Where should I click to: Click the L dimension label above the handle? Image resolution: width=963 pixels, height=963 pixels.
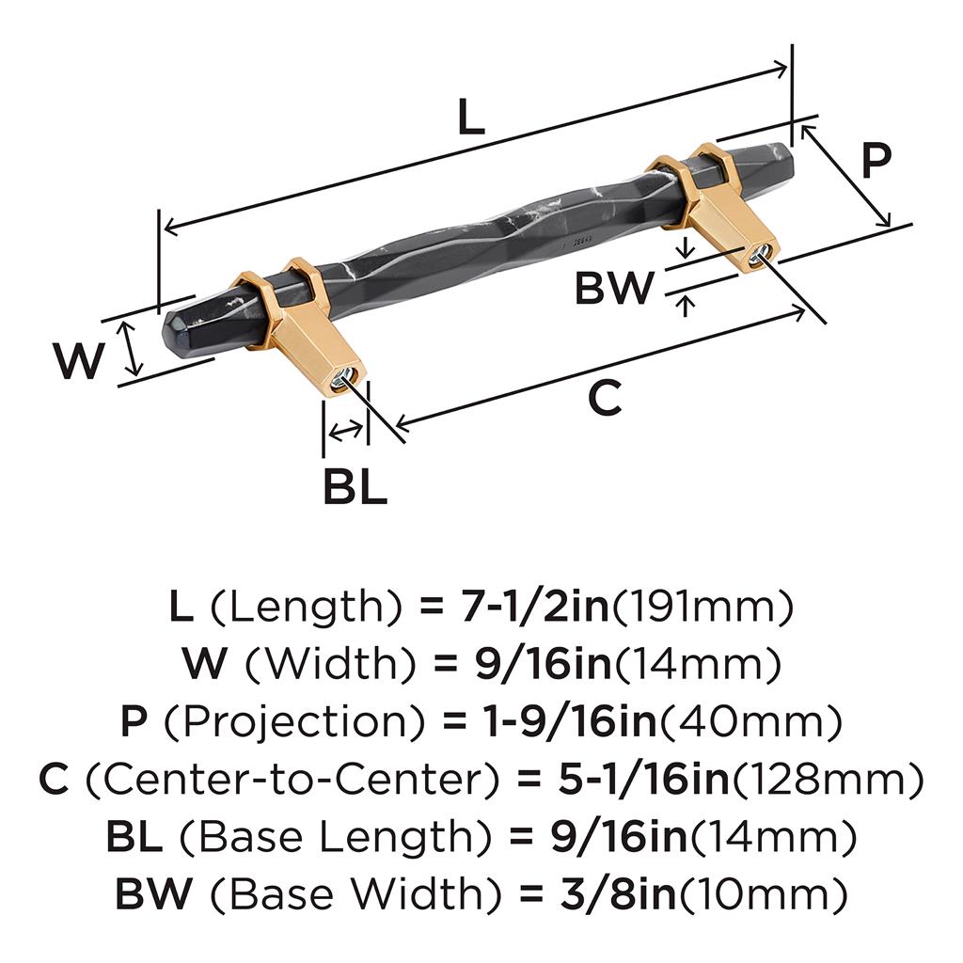tap(471, 117)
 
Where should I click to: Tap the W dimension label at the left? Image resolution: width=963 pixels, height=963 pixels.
tap(78, 360)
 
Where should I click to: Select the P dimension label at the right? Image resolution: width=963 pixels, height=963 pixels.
tap(876, 160)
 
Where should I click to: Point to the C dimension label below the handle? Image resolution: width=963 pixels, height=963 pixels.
tap(605, 398)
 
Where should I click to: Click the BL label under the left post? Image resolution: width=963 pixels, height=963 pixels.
tap(355, 486)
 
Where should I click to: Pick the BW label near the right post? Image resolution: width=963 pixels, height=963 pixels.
tap(615, 287)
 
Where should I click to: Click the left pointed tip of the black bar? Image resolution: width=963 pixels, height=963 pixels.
tap(165, 332)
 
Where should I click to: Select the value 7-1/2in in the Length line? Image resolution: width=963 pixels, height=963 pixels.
tap(533, 607)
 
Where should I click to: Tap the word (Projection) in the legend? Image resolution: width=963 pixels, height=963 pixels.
tap(293, 721)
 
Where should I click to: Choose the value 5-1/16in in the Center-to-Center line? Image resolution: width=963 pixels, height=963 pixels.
tap(643, 779)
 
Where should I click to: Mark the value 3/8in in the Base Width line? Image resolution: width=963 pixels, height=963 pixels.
tap(617, 893)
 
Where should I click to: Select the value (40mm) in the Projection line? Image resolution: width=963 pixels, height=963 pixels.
tap(750, 721)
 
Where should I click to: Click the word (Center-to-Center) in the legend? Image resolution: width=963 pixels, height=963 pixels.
tap(292, 779)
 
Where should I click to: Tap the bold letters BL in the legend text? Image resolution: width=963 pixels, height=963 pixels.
tap(134, 836)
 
